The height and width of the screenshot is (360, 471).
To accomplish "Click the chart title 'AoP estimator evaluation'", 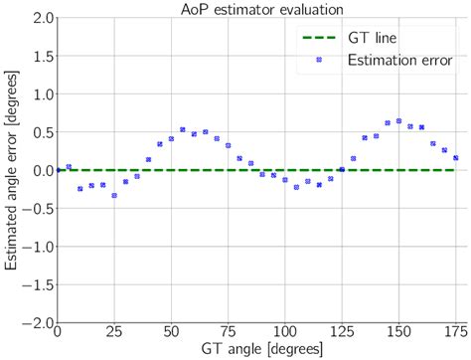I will [257, 8].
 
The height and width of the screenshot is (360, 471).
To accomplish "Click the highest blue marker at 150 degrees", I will [398, 120].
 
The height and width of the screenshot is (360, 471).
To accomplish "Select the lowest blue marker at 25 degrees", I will [114, 195].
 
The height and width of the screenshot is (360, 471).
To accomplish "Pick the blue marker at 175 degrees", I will [456, 157].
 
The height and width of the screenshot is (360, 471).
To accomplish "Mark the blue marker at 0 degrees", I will [58, 170].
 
